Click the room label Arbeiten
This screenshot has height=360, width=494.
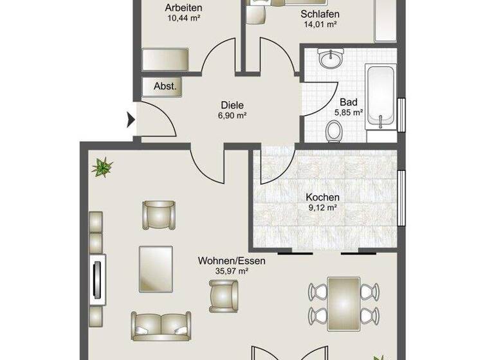pos(184,8)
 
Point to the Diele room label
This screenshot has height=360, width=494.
pos(233,105)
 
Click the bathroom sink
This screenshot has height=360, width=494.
pos(333,60)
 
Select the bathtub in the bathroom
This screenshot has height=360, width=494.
pos(381,97)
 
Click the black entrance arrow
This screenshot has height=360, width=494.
pos(131,120)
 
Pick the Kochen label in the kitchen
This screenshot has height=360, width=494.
pos(322,197)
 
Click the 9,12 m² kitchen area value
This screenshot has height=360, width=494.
pos(322,208)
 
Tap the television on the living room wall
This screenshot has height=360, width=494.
pos(98,278)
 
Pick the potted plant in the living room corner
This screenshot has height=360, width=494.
pos(102,168)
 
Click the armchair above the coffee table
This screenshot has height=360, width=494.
pos(158,215)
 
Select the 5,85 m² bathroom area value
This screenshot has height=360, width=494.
pos(348,113)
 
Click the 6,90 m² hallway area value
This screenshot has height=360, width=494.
pos(233,115)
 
